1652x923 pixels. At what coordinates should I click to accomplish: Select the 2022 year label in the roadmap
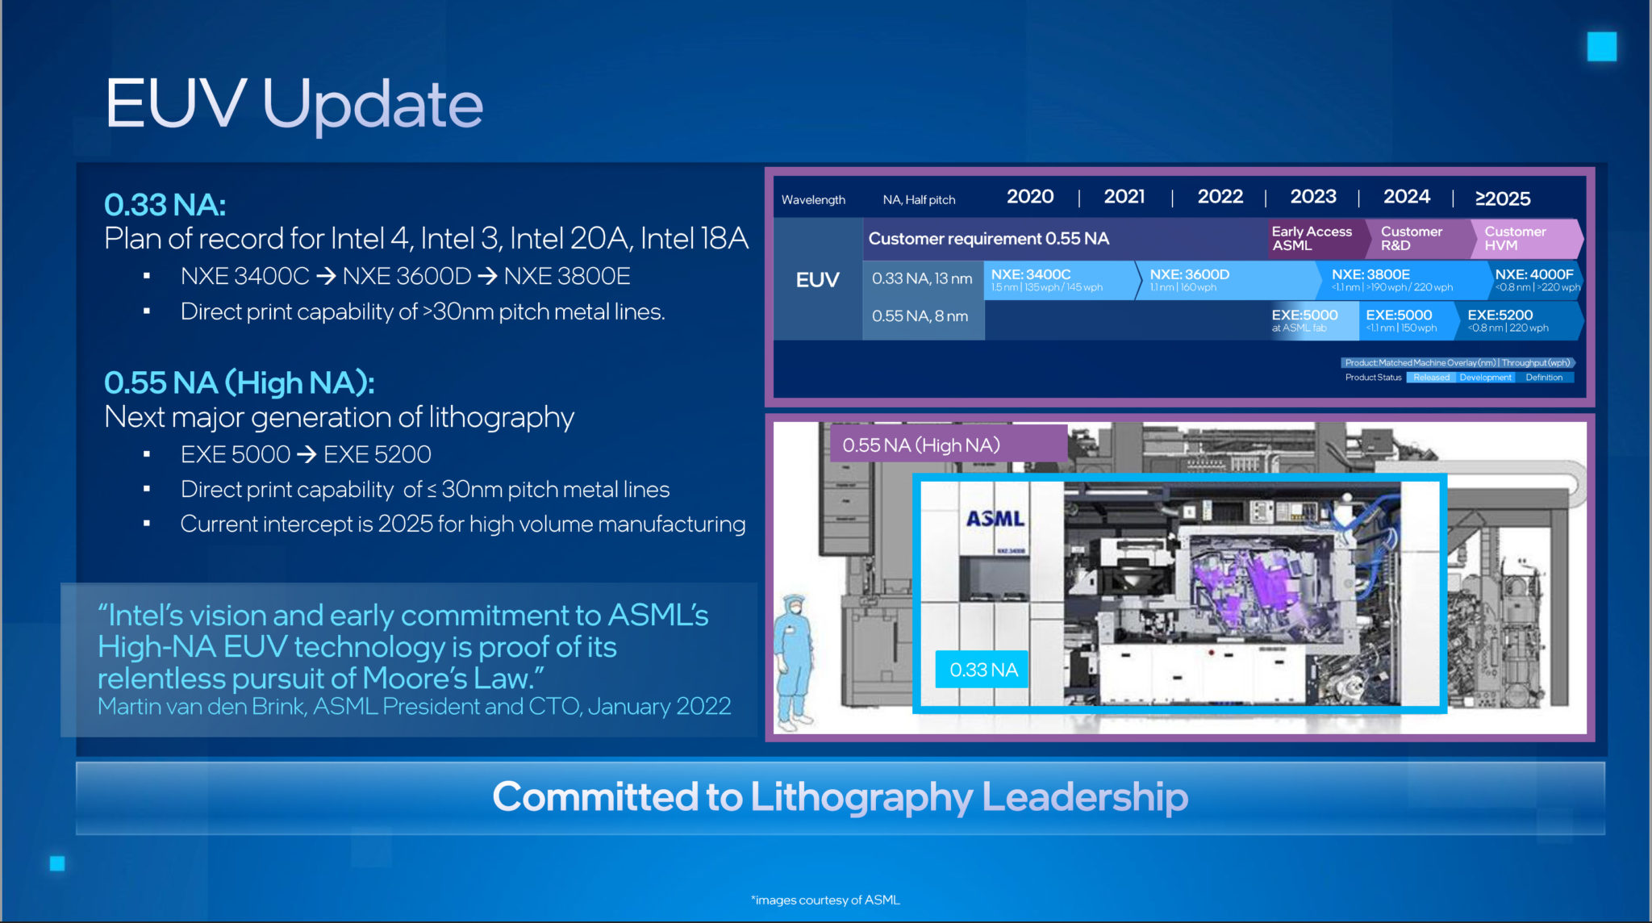click(1220, 197)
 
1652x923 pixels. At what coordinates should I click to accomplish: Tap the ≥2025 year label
click(1502, 198)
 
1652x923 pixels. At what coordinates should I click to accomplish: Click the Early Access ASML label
click(1312, 238)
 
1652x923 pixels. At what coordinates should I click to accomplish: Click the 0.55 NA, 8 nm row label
click(920, 316)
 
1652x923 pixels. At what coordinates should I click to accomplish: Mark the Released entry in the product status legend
click(1431, 378)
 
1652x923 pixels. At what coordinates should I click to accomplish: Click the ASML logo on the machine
click(995, 519)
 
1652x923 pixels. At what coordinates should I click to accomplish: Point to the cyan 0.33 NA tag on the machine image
click(982, 670)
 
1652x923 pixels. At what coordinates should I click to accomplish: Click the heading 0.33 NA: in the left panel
click(165, 205)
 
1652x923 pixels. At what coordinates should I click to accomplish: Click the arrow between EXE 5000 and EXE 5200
click(307, 454)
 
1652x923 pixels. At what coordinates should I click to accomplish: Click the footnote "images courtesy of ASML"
click(825, 900)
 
